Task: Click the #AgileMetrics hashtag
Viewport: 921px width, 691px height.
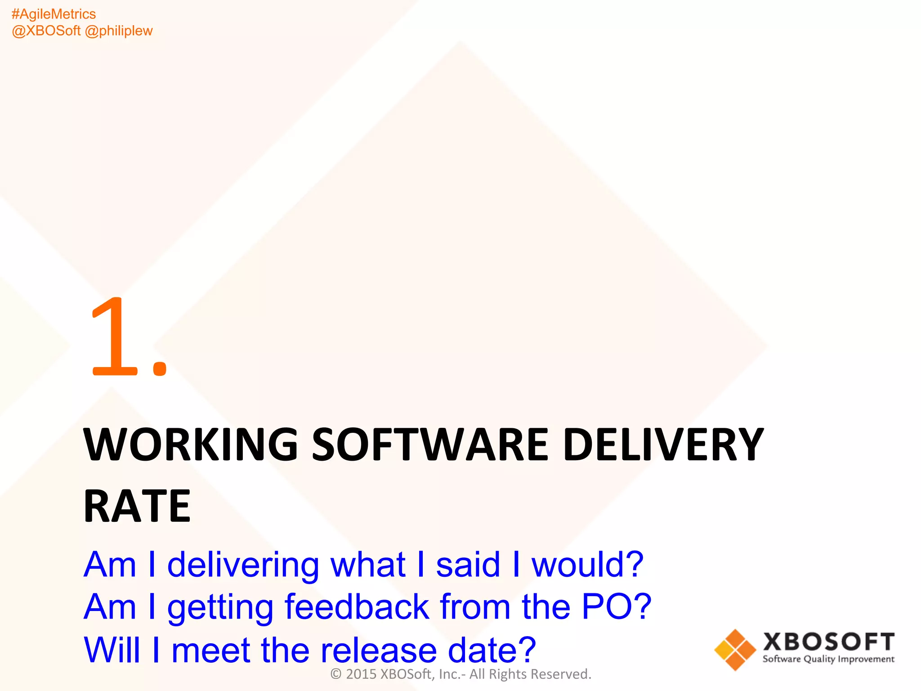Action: pyautogui.click(x=54, y=14)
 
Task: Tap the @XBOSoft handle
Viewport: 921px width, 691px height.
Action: pyautogui.click(x=46, y=31)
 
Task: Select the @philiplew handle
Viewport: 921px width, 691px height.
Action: pyautogui.click(x=119, y=31)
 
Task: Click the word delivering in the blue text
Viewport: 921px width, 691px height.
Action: pyautogui.click(x=243, y=565)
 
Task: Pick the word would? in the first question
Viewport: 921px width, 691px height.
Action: pyautogui.click(x=587, y=565)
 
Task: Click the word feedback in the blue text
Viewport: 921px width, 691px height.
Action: pyautogui.click(x=357, y=607)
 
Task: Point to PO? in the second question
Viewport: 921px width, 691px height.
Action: pyautogui.click(x=616, y=607)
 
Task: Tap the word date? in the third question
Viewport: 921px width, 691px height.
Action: pyautogui.click(x=492, y=650)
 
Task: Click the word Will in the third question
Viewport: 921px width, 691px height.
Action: pyautogui.click(x=112, y=650)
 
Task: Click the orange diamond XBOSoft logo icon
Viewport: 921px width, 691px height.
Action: pyautogui.click(x=735, y=650)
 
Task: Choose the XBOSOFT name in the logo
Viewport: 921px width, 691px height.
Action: pyautogui.click(x=828, y=642)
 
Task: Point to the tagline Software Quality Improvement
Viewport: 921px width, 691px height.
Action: pyautogui.click(x=828, y=660)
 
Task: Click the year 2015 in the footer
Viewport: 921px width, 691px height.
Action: pyautogui.click(x=361, y=674)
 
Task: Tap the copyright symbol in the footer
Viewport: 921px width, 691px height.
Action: pyautogui.click(x=336, y=674)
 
